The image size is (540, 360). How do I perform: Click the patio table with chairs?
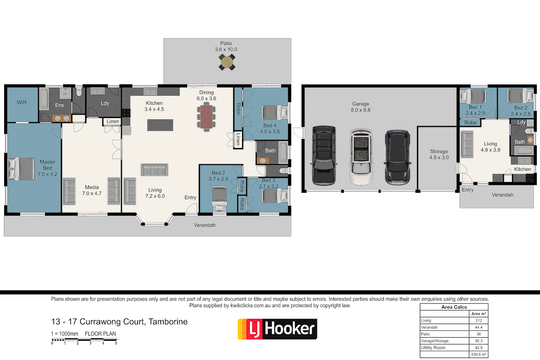click(x=227, y=62)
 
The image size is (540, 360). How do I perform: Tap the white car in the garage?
click(x=361, y=157)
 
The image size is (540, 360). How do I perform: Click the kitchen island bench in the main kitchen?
click(x=160, y=125)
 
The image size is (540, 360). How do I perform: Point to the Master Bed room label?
click(x=47, y=168)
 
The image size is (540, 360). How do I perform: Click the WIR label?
click(x=22, y=102)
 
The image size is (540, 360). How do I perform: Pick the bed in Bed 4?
click(x=274, y=112)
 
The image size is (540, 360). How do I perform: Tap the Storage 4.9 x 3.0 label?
click(x=439, y=154)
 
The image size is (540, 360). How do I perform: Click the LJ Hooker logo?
click(x=277, y=329)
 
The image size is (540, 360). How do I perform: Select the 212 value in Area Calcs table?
click(x=479, y=320)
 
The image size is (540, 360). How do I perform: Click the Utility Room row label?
click(x=433, y=348)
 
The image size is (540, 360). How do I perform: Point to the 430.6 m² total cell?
click(x=479, y=354)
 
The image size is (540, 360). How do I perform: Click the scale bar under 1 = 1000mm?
click(x=84, y=340)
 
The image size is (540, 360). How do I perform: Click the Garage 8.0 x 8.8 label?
click(x=361, y=107)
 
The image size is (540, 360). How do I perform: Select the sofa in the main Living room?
click(x=154, y=170)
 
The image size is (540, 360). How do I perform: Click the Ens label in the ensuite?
click(x=59, y=105)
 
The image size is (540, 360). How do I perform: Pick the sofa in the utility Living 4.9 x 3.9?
click(x=467, y=144)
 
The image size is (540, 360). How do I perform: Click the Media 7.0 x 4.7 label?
click(x=92, y=190)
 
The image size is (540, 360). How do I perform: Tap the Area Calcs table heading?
click(x=454, y=307)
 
